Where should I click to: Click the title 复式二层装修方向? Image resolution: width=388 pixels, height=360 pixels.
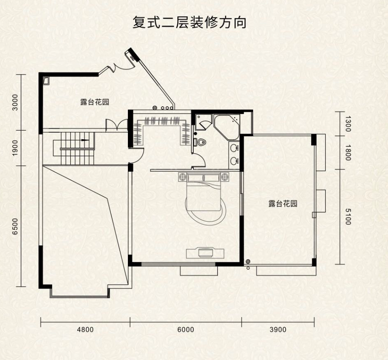pos(189,22)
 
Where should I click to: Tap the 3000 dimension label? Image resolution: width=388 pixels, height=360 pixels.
pos(16,102)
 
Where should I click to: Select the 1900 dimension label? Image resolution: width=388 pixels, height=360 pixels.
pos(16,147)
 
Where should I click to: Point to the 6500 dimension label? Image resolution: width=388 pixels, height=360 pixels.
pos(16,226)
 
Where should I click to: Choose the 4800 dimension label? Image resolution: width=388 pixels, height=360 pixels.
pos(85,330)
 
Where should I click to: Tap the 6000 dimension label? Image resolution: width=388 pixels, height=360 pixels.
pos(186,330)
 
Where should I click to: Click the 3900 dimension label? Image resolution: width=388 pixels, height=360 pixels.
pos(277,330)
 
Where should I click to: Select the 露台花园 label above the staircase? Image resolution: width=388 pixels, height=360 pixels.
pos(94,103)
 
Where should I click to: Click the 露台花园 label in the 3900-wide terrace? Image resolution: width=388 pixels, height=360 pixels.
pos(283,204)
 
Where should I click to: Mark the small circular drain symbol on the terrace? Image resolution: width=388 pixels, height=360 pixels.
pos(248,262)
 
